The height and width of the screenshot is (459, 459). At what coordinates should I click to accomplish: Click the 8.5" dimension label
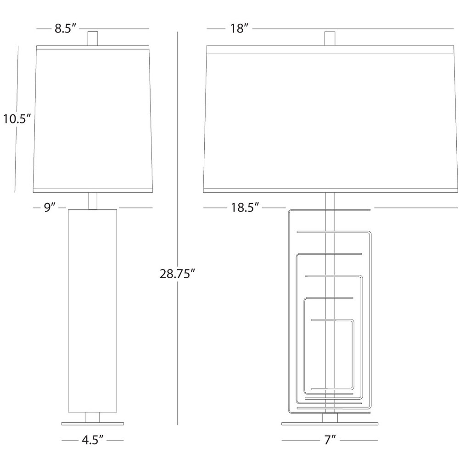click(66, 28)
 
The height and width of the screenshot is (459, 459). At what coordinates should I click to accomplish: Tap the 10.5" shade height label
click(17, 119)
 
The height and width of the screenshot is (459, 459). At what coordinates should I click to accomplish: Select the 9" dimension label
click(50, 207)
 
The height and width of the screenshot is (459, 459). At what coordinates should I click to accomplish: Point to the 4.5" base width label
click(93, 440)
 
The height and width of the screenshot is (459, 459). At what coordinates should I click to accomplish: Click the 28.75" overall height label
click(177, 274)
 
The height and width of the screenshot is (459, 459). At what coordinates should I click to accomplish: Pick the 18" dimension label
click(239, 28)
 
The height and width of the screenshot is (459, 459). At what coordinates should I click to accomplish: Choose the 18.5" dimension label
click(245, 207)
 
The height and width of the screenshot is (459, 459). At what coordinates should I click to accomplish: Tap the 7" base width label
click(330, 440)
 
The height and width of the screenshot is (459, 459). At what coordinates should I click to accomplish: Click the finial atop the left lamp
click(93, 38)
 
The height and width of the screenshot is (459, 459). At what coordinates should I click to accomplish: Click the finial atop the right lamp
click(330, 38)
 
